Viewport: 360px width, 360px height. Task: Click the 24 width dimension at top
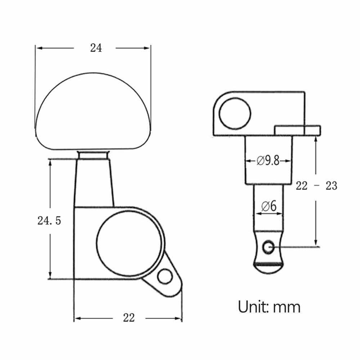tap(96, 48)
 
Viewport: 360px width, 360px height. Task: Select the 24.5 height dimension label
tap(49, 221)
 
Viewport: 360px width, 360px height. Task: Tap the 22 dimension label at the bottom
tap(129, 318)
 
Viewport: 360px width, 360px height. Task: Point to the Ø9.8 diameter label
tap(268, 161)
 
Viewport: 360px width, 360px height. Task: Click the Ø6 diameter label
tap(269, 206)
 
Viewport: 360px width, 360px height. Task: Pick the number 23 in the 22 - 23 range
tap(331, 185)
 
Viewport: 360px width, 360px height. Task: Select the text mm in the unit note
tap(287, 308)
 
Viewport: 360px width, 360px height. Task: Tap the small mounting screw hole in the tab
tap(165, 276)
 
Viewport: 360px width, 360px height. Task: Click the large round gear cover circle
tap(129, 243)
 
